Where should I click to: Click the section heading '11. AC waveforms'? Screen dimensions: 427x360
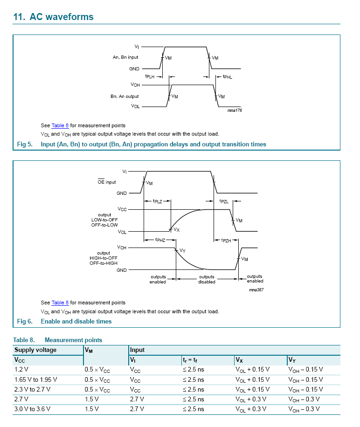pyautogui.click(x=54, y=17)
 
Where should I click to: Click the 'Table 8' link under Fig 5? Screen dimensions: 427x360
pyautogui.click(x=60, y=125)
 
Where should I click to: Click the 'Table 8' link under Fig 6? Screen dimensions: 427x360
pyautogui.click(x=60, y=303)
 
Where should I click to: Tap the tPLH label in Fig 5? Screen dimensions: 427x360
pyautogui.click(x=150, y=76)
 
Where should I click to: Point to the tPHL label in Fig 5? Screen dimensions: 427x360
pyautogui.click(x=227, y=76)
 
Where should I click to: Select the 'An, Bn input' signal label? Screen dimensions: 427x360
pyautogui.click(x=125, y=57)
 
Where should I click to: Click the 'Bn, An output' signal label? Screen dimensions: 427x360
pyautogui.click(x=125, y=96)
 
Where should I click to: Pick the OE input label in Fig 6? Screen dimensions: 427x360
pyautogui.click(x=104, y=182)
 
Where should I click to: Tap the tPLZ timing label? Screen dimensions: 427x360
pyautogui.click(x=158, y=201)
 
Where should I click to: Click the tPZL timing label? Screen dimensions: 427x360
pyautogui.click(x=224, y=201)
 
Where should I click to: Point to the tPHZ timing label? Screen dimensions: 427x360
pyautogui.click(x=160, y=240)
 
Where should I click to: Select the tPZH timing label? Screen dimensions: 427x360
pyautogui.click(x=225, y=240)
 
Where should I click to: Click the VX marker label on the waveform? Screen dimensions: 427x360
pyautogui.click(x=176, y=230)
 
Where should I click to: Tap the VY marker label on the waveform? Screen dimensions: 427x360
pyautogui.click(x=182, y=251)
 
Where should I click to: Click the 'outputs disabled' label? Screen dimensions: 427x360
pyautogui.click(x=207, y=279)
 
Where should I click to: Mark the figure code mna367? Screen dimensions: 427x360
pyautogui.click(x=256, y=289)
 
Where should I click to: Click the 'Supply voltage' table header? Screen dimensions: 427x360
pyautogui.click(x=35, y=350)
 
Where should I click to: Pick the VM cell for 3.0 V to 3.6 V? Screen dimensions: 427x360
pyautogui.click(x=91, y=409)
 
